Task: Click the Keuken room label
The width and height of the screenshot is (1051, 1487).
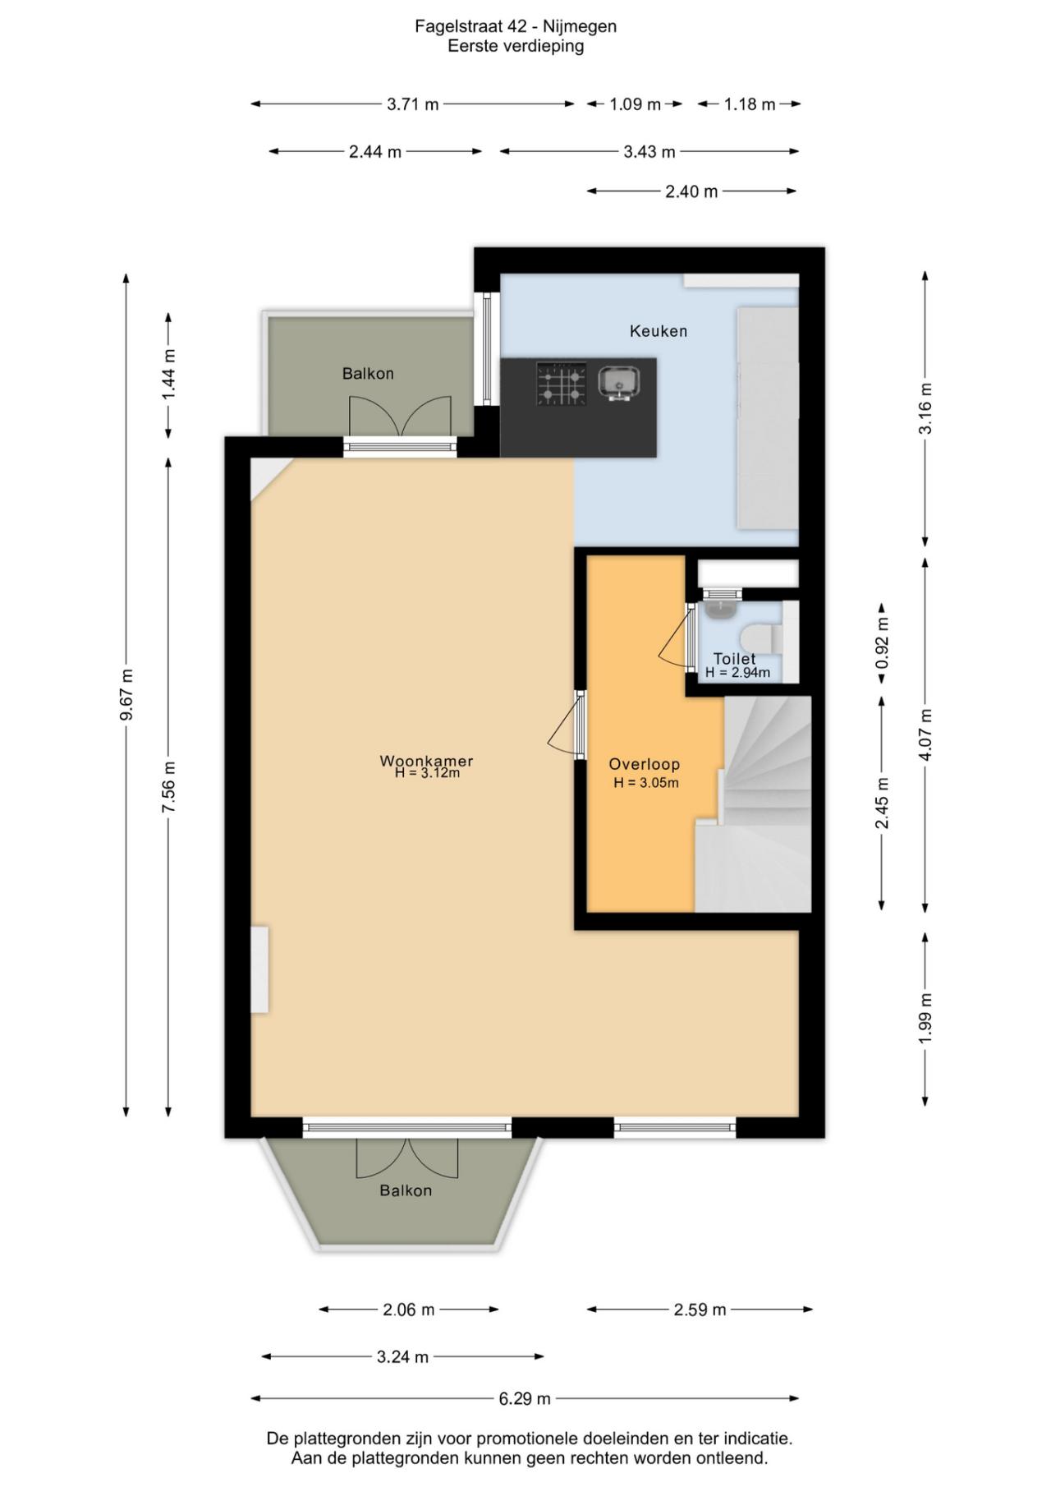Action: [x=658, y=331]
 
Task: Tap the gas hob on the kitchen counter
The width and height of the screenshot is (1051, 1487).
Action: [x=562, y=384]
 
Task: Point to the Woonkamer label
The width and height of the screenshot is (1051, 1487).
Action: [x=425, y=761]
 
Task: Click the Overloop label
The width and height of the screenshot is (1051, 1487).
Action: [x=644, y=764]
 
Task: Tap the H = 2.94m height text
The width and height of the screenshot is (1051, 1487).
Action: [x=737, y=673]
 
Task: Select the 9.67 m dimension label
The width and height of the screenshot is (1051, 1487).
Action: [x=126, y=694]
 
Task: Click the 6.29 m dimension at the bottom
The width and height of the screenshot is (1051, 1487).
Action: [x=525, y=1398]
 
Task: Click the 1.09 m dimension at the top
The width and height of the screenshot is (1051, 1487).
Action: [x=635, y=104]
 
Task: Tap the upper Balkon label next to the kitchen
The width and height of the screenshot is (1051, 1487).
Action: [x=368, y=374]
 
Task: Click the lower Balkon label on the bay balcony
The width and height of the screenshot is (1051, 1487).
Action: [x=406, y=1190]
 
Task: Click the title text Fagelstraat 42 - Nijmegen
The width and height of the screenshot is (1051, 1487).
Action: [x=515, y=26]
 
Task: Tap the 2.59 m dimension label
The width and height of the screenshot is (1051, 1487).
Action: [x=700, y=1310]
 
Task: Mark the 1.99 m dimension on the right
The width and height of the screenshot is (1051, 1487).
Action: [x=925, y=1019]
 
